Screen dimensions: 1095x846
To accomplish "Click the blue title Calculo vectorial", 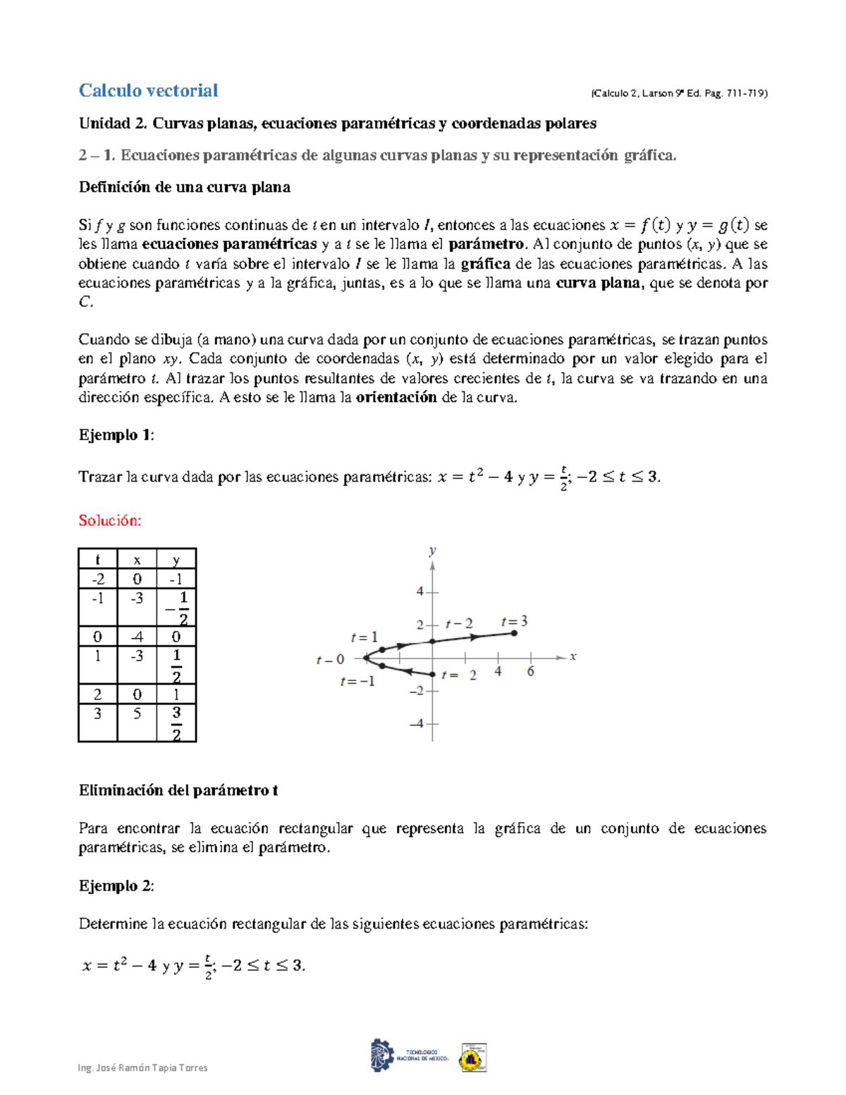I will tap(148, 91).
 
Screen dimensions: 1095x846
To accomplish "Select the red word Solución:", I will tap(110, 520).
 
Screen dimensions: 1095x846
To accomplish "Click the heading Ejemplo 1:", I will tap(116, 435).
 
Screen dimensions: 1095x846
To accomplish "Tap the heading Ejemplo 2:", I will tap(116, 886).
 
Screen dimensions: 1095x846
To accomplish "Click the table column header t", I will tap(97, 560).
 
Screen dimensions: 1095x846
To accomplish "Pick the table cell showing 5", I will tap(137, 714).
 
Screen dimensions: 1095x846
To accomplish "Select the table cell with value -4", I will tap(137, 637).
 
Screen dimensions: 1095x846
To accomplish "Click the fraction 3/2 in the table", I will tap(176, 723).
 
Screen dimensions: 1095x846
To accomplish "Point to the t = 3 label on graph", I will tap(514, 622).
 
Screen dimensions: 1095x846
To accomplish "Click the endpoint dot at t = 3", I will tap(515, 633).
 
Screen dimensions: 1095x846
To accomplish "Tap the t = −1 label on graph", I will tap(357, 682).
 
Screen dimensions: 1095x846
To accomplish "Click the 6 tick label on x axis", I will tap(531, 672).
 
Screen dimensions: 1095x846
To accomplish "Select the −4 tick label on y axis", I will tap(417, 723).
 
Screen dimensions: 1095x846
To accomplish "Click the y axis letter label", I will tap(432, 551).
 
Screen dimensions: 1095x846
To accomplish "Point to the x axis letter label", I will tap(573, 656).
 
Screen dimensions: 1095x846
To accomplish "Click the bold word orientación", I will tap(396, 397).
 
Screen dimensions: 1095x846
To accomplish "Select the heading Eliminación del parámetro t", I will tap(178, 790).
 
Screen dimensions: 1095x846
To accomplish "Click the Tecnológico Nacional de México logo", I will tap(410, 1056).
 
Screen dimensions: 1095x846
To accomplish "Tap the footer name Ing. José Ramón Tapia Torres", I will tap(143, 1068).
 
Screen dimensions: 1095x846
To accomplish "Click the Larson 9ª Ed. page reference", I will tap(679, 93).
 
